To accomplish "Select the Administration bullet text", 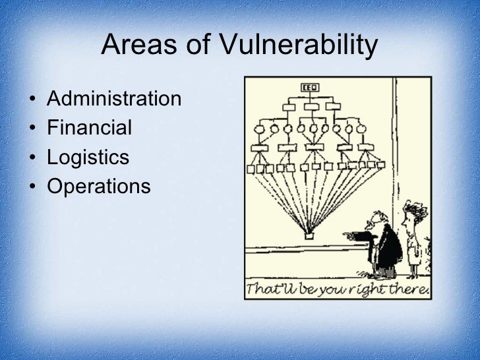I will [114, 99].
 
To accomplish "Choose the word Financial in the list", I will [89, 127].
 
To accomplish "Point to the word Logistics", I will [88, 157].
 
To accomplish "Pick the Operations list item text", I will [98, 186].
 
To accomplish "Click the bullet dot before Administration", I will [33, 100].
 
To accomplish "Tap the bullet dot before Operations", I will [33, 187].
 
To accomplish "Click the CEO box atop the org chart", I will [309, 87].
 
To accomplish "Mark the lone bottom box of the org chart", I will [309, 234].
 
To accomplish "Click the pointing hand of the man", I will [349, 235].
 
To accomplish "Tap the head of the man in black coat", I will [376, 221].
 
